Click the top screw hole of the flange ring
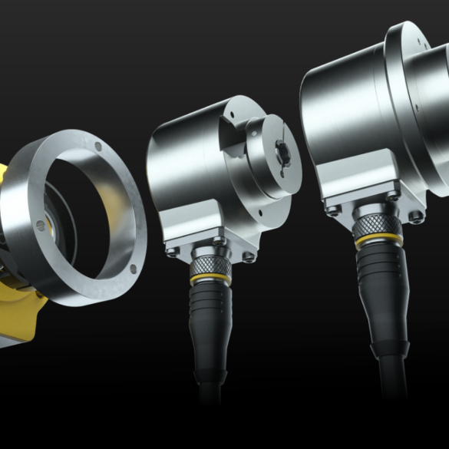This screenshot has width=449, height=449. [x=97, y=147]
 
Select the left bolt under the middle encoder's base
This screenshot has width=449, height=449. [x=173, y=250]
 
